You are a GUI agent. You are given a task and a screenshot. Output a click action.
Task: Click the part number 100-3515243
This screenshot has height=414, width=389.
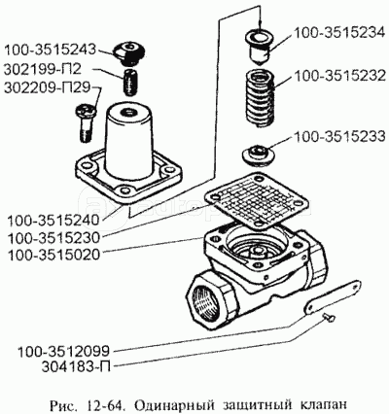tap(51, 50)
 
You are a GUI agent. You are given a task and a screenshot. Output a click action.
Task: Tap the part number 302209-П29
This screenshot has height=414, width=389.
tap(47, 88)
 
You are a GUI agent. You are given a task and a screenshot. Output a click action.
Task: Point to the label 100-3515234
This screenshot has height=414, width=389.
tap(339, 33)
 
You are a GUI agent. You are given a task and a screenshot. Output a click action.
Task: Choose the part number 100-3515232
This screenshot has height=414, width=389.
tap(339, 76)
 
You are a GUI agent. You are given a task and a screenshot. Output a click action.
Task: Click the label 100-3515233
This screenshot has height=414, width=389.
tap(339, 136)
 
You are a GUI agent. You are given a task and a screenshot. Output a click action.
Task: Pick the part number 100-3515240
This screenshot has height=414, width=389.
tap(53, 221)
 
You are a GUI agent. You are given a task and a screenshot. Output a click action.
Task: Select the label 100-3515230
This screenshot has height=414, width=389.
tap(53, 238)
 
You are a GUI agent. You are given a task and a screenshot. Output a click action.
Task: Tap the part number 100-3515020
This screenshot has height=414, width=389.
tap(53, 256)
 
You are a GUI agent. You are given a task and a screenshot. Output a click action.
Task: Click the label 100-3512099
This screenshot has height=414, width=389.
tap(63, 351)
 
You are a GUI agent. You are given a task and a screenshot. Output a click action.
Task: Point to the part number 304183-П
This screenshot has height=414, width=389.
tap(76, 368)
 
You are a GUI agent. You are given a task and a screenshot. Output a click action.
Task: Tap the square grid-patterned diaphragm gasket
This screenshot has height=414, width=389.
tap(255, 199)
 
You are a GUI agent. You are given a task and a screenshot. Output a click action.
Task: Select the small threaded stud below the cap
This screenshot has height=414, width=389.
tap(130, 83)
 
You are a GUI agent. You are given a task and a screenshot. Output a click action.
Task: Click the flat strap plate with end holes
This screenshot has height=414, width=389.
tap(334, 296)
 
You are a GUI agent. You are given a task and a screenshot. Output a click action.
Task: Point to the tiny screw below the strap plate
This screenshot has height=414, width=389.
tap(329, 318)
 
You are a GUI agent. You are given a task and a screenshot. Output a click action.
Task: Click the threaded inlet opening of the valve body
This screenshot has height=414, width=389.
tap(206, 302)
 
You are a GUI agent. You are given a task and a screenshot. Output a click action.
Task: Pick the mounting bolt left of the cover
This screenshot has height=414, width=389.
tap(86, 122)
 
